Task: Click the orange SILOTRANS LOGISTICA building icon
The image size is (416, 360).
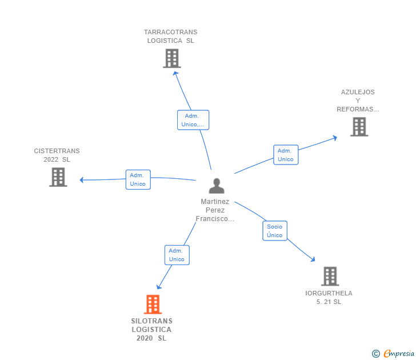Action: click(153, 305)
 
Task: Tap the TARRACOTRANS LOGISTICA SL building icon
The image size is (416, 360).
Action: click(171, 58)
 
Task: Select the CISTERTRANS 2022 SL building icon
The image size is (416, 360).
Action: click(58, 177)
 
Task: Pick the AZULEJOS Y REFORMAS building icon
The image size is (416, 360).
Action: click(359, 127)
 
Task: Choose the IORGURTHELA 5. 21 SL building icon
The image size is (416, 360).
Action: click(330, 276)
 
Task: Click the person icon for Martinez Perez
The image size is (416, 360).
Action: click(216, 186)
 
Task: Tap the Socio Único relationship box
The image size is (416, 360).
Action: click(274, 231)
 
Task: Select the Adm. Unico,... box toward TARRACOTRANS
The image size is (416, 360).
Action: click(193, 120)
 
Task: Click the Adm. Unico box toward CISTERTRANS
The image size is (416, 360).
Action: click(138, 179)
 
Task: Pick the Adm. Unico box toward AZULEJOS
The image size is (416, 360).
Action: click(286, 155)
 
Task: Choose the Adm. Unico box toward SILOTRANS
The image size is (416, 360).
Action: click(177, 255)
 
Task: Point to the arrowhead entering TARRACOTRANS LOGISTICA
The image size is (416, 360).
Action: click(175, 73)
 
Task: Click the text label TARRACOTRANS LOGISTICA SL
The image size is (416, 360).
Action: click(170, 37)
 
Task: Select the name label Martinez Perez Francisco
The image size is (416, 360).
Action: click(215, 210)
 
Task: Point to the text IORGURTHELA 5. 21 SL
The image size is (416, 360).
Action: click(329, 297)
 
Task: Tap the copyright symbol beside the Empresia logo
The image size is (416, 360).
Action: click(375, 354)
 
